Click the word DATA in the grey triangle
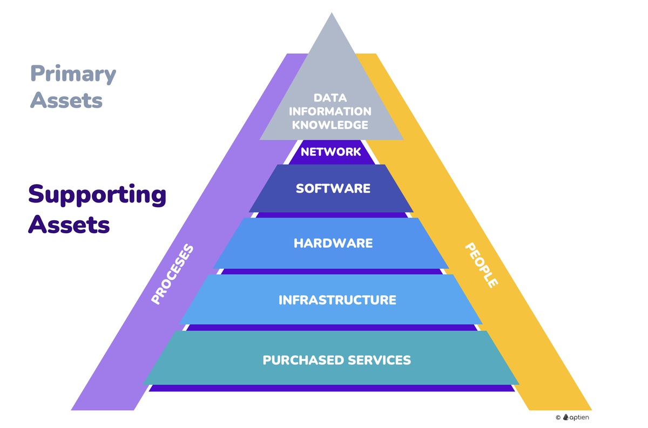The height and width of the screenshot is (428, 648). tap(330, 98)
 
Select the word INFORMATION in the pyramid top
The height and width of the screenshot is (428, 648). tap(330, 112)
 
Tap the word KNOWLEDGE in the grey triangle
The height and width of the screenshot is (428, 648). tap(330, 125)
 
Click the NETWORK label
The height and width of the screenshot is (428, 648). tap(330, 152)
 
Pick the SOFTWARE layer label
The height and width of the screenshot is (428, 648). tap(333, 188)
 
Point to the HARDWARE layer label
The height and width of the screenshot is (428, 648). tap(333, 243)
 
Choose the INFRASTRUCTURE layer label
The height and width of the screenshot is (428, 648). tap(337, 300)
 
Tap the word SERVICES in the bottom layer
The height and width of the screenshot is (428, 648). tap(381, 360)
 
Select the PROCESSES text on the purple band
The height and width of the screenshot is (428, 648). tap(172, 275)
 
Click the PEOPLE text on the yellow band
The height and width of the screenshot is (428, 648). tap(481, 264)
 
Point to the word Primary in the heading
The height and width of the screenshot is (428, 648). tap(73, 74)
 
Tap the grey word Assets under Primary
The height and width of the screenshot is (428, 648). tap(66, 100)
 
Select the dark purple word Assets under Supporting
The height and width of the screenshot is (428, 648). tap(69, 223)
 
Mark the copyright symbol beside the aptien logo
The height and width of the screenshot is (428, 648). tap(558, 417)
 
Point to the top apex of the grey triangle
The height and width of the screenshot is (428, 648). tap(331, 13)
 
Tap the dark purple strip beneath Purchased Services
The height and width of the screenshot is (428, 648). tap(332, 388)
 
